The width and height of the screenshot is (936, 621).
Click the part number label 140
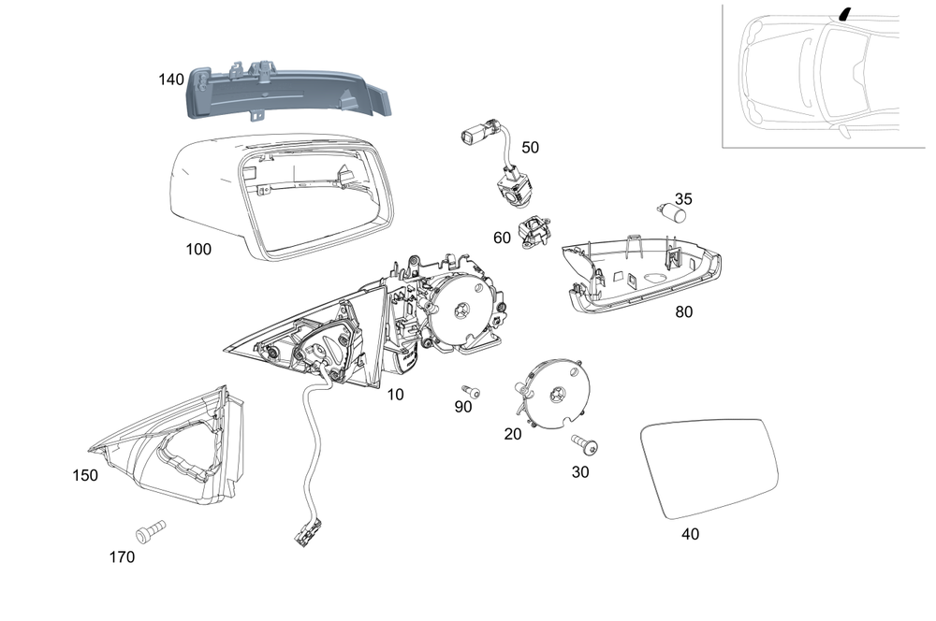tap(171, 80)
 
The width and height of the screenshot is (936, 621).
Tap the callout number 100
tap(198, 250)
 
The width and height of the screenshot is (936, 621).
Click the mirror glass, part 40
tap(709, 470)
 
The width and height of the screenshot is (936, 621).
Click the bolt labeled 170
tap(149, 530)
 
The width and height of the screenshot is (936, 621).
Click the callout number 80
tap(684, 312)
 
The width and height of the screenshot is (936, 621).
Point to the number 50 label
tap(531, 148)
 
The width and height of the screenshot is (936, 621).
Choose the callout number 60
tap(502, 238)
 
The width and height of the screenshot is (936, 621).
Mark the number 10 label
tap(395, 395)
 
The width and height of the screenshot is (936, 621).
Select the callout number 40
tap(690, 534)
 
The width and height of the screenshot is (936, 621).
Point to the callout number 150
tap(85, 476)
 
